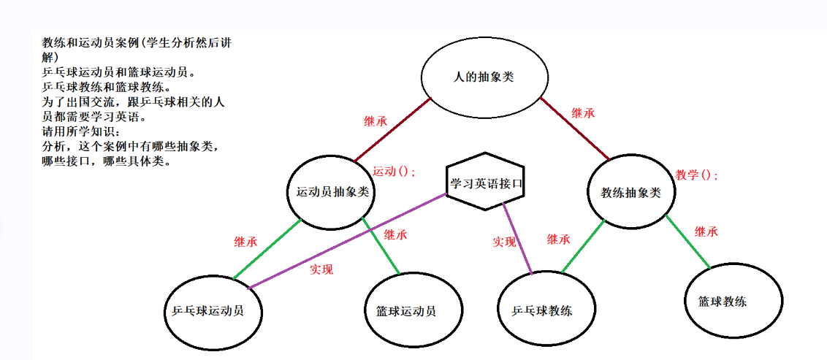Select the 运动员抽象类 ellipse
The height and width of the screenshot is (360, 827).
point(331,192)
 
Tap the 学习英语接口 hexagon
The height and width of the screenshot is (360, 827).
point(486,182)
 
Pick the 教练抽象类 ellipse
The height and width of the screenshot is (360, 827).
point(631,192)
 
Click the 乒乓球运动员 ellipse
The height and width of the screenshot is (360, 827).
point(213,310)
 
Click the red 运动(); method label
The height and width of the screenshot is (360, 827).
point(394,172)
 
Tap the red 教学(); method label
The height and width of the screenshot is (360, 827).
point(696,175)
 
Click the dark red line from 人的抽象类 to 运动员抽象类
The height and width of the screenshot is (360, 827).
point(393,129)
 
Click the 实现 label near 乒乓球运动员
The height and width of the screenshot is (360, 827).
point(321,269)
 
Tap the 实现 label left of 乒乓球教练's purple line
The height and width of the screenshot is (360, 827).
point(504,242)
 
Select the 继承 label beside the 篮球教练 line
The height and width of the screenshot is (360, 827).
point(706,232)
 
